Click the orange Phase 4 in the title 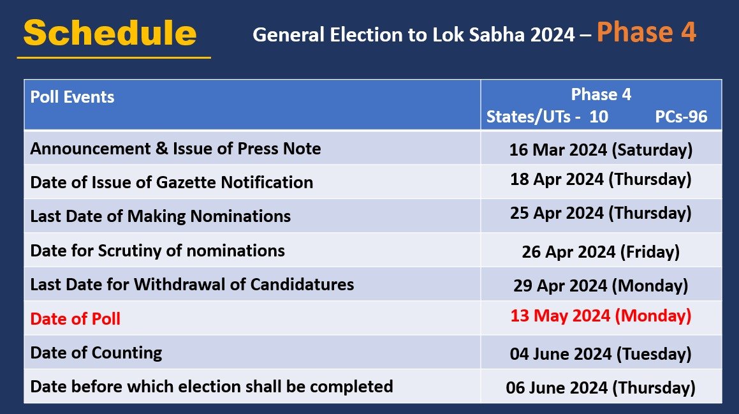pos(646,33)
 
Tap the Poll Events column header pos(73,97)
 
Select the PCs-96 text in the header pos(681,117)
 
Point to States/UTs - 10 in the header pos(547,117)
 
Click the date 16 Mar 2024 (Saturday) pos(601,150)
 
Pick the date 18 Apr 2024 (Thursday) pos(601,179)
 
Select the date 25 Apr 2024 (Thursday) pos(601,212)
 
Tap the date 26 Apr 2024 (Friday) pos(601,251)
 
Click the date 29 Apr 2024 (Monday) pos(601,285)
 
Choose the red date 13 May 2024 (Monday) pos(601,315)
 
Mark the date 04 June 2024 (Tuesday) pos(601,354)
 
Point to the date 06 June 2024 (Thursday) pos(601,388)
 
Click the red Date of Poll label pos(75,318)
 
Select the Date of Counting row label pos(96,352)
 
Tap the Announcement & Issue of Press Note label pos(175,149)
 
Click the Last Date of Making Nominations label pos(160,216)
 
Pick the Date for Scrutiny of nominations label pos(157,250)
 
